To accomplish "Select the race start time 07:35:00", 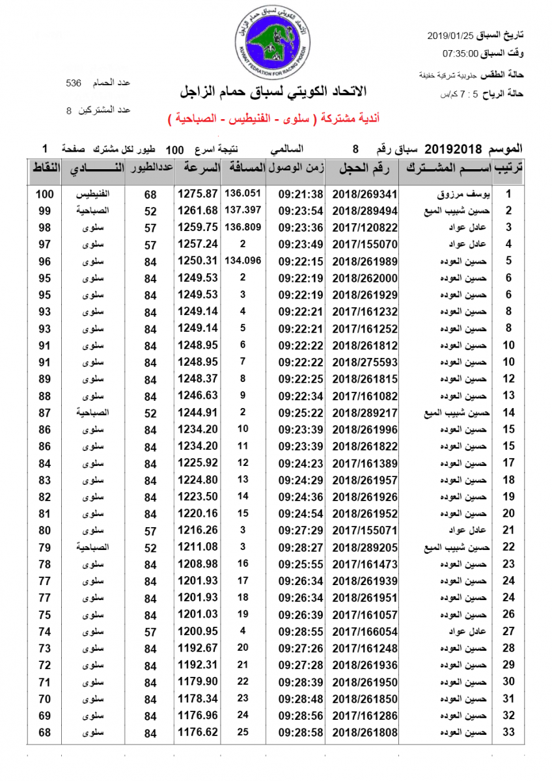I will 461,53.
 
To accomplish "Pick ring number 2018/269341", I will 365,194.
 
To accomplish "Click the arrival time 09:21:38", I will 300,194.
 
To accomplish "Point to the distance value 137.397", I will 242,210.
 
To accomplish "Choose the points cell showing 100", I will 44,194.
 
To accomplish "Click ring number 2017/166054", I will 365,631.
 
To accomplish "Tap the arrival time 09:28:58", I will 300,733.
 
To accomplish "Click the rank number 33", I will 509,733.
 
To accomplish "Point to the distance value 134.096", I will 242,261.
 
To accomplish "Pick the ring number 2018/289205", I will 365,547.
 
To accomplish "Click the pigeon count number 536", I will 74,83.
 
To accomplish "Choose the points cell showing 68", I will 44,733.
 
